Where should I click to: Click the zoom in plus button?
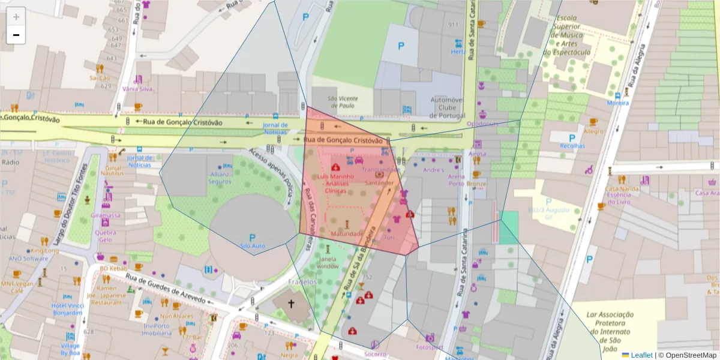[x=16, y=17]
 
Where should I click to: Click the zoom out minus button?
[x=16, y=35]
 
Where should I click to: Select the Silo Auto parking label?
[x=252, y=246]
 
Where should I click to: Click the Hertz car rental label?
[x=458, y=52]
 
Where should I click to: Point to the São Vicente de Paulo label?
[x=343, y=101]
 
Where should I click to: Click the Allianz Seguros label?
[x=220, y=178]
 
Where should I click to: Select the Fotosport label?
[x=429, y=347]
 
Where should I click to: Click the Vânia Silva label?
[x=137, y=89]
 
